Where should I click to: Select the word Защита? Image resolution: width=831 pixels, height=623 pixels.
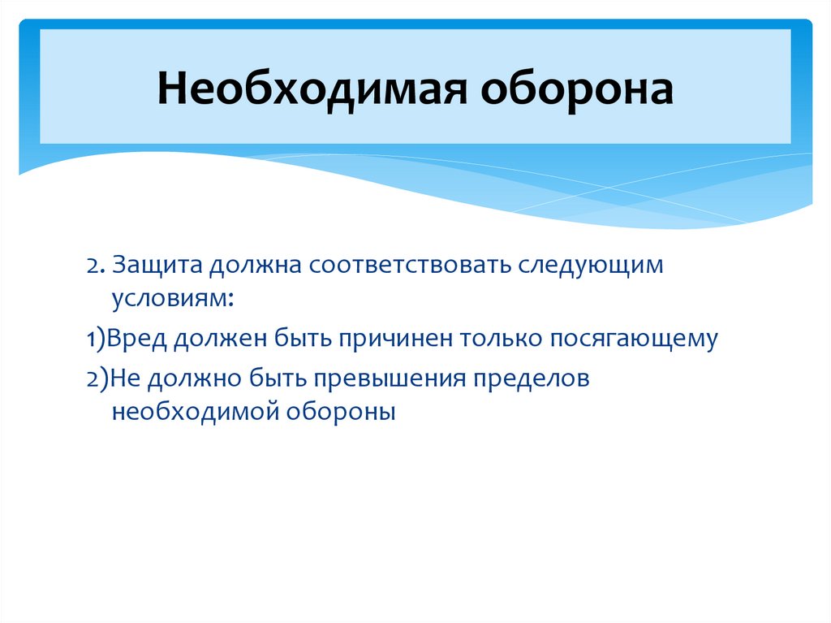(158, 266)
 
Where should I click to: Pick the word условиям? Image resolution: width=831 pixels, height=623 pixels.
(174, 300)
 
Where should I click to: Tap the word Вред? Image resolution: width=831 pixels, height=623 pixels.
(134, 340)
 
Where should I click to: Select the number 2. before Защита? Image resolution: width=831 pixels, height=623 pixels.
(96, 266)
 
